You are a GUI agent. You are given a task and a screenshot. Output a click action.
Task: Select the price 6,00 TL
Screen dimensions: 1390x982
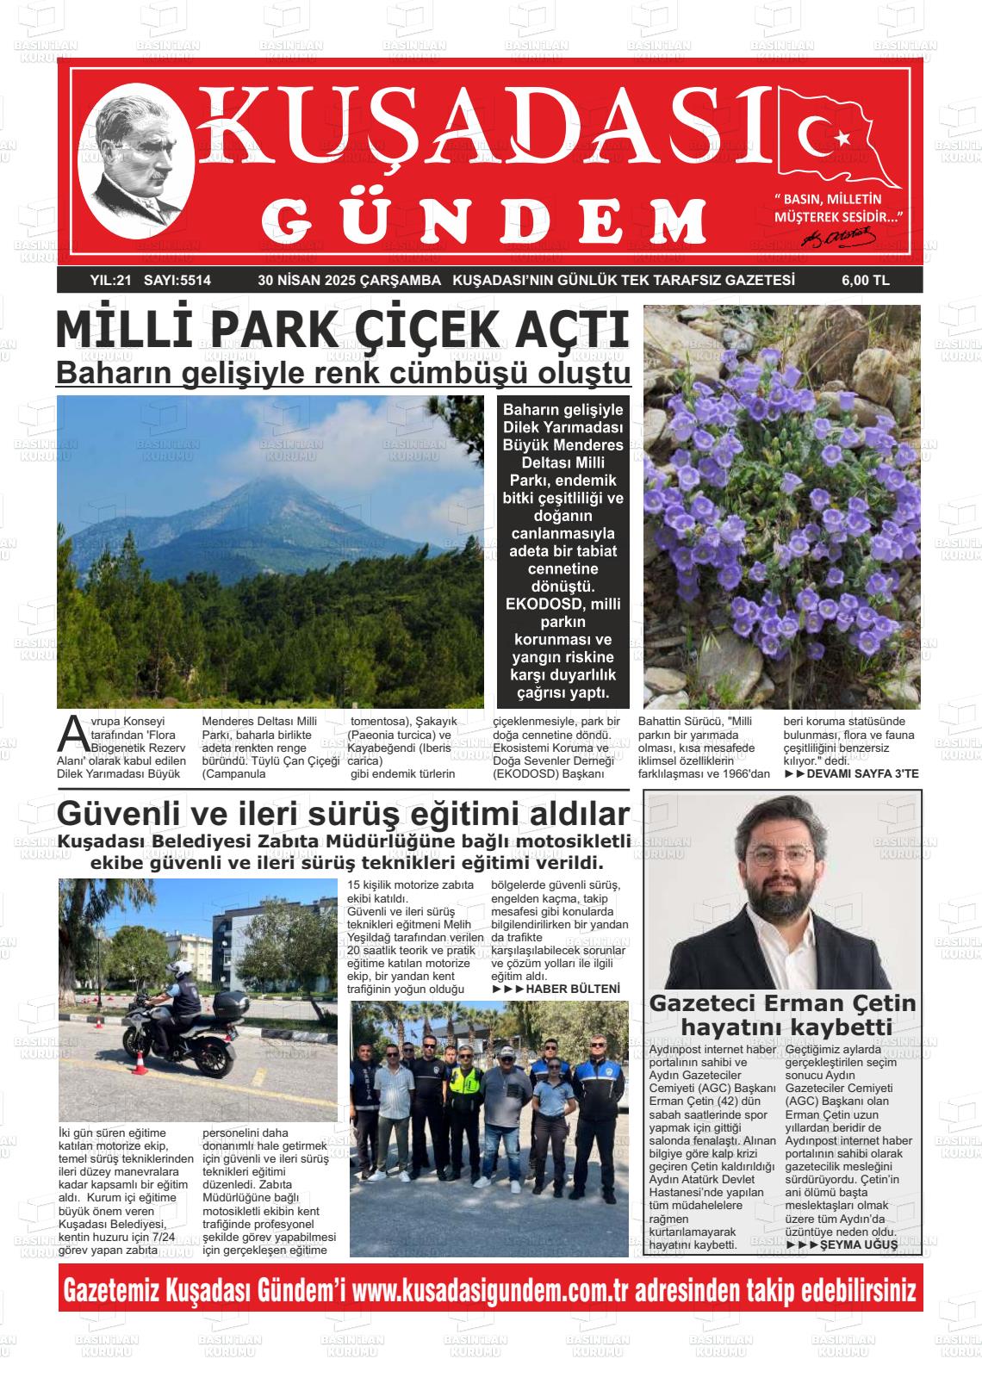tap(865, 280)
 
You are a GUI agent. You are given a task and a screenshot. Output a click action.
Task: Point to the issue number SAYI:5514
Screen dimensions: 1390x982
tap(177, 280)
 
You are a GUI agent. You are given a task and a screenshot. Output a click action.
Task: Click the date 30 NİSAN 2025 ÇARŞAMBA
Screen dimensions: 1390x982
tap(349, 280)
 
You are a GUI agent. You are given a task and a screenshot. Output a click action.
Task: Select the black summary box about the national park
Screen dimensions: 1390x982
tap(562, 551)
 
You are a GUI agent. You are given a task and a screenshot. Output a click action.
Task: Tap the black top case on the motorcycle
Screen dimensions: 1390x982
tap(230, 1002)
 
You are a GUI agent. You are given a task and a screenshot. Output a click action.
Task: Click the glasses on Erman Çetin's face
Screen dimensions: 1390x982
tap(780, 856)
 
